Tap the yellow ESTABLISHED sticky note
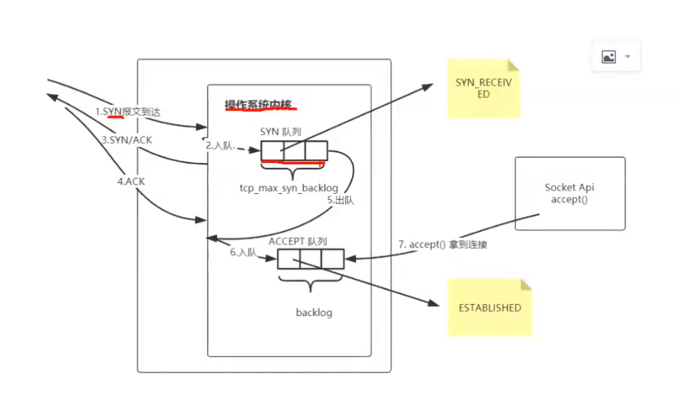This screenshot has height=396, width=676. [x=490, y=307]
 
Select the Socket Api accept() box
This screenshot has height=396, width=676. [x=570, y=194]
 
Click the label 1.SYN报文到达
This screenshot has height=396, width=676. [x=127, y=112]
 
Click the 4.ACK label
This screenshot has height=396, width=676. [x=132, y=180]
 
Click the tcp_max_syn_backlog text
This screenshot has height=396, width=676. [x=289, y=188]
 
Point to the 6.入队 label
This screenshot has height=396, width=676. [x=244, y=253]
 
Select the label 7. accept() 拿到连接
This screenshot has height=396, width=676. [x=442, y=245]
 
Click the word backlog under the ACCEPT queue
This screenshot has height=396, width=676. [x=313, y=312]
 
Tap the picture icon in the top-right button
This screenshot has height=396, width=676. [x=609, y=57]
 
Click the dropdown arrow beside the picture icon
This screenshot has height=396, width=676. [x=627, y=57]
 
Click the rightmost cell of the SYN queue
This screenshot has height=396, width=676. [x=316, y=151]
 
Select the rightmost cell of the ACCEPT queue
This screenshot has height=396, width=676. [x=333, y=258]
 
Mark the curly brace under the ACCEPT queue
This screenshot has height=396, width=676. [x=310, y=282]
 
